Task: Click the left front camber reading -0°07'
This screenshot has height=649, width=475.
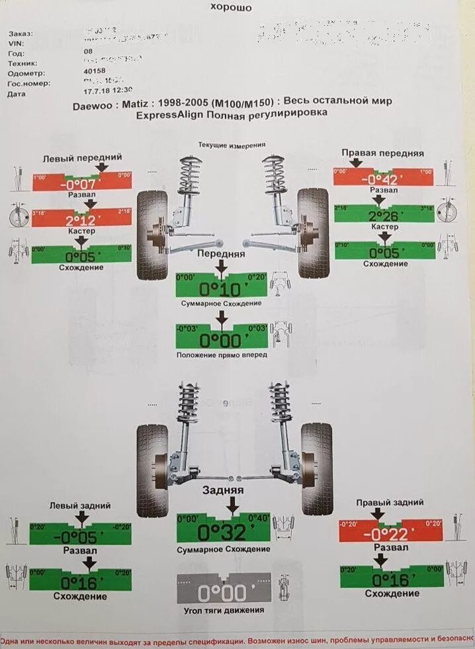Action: click(82, 182)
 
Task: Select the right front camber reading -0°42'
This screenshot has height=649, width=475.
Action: click(383, 179)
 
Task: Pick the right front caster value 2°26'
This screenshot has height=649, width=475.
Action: click(383, 216)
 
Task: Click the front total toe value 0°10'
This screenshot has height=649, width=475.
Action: click(221, 289)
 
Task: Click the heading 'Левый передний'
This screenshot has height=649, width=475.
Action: click(82, 158)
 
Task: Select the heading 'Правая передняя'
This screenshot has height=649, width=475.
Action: click(383, 153)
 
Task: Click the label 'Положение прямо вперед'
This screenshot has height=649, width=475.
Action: click(222, 355)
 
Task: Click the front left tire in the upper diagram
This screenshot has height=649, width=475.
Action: click(153, 234)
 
